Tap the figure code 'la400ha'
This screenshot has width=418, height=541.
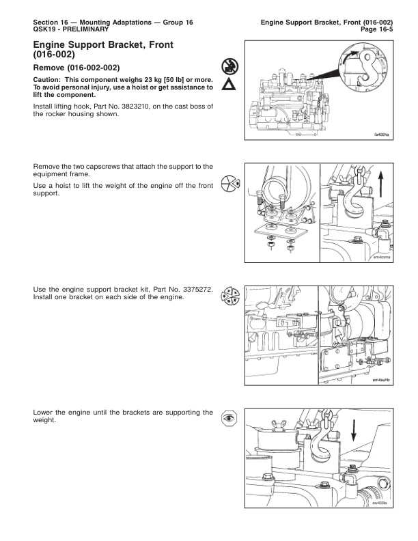pyautogui.click(x=380, y=135)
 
